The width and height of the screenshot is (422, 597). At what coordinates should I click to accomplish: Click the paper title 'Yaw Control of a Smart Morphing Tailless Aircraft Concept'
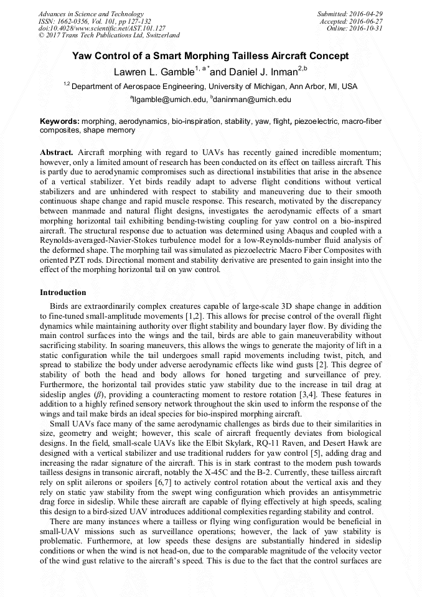tap(210, 56)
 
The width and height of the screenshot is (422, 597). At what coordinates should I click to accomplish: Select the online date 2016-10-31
tap(368, 29)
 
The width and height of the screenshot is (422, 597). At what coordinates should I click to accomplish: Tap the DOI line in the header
tap(101, 29)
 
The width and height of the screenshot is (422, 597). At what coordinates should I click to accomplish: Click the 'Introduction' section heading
tap(63, 292)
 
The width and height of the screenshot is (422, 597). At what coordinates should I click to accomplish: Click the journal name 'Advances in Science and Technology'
tap(91, 14)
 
